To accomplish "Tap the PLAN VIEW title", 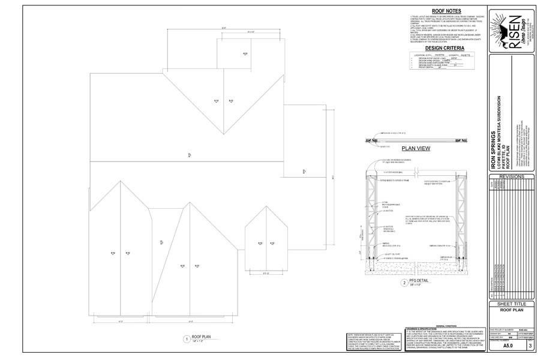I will point(416,148).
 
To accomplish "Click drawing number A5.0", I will point(508,346).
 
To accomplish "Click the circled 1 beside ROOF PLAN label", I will point(187,339).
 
